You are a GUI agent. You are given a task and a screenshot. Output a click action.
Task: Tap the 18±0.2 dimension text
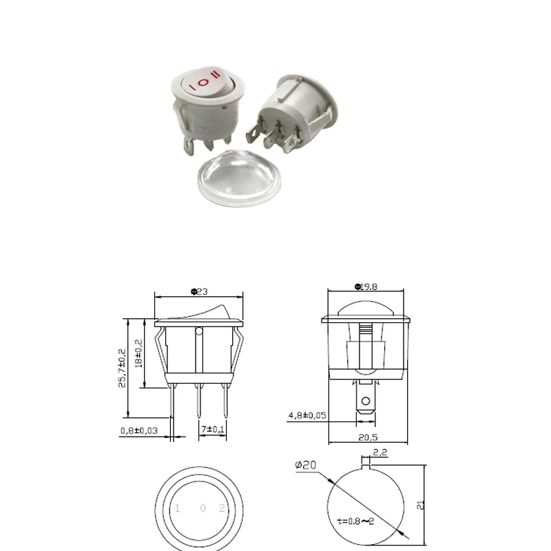pos(138,353)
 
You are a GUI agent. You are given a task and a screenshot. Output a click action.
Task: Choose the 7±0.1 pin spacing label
pos(214,430)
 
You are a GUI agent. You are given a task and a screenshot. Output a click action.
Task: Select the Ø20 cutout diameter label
pos(305,466)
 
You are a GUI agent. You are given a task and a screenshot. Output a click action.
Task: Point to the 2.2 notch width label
pos(380,453)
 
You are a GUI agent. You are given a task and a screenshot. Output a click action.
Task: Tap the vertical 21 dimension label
pos(421,505)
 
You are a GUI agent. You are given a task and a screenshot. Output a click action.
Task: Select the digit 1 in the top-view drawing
pos(178,508)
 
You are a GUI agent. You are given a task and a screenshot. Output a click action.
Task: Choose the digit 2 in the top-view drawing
pos(222,508)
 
